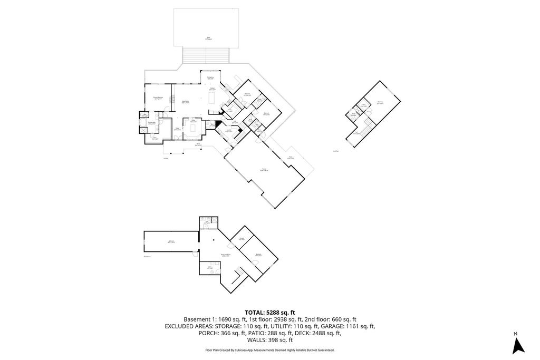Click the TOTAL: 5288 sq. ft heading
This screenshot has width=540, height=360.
(x=269, y=312)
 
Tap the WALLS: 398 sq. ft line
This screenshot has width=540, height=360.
(x=269, y=340)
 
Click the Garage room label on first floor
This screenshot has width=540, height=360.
(x=264, y=170)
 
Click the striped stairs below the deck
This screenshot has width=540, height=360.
(x=206, y=55)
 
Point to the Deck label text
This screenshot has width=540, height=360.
(x=209, y=38)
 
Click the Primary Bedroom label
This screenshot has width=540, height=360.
(x=157, y=98)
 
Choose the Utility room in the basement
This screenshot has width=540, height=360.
(x=209, y=268)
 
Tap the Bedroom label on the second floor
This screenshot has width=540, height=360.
(x=380, y=103)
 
